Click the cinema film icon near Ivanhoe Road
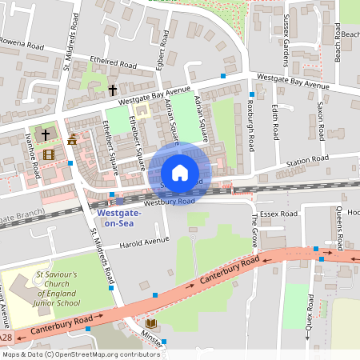pos(50,154)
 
